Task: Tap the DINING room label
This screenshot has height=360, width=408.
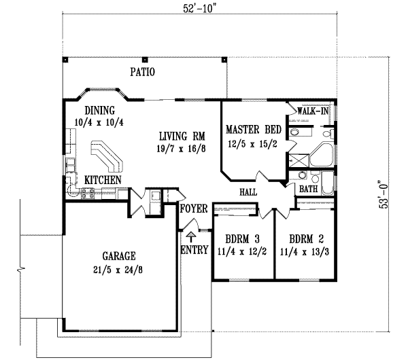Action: [x=99, y=110]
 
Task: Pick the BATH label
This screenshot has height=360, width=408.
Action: [x=309, y=189]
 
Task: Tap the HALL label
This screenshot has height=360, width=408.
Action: [x=248, y=192]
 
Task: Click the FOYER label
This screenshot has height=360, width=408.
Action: [x=193, y=209]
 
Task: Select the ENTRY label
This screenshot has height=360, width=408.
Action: [x=194, y=251]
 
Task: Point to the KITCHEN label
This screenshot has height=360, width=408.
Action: [x=103, y=180]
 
